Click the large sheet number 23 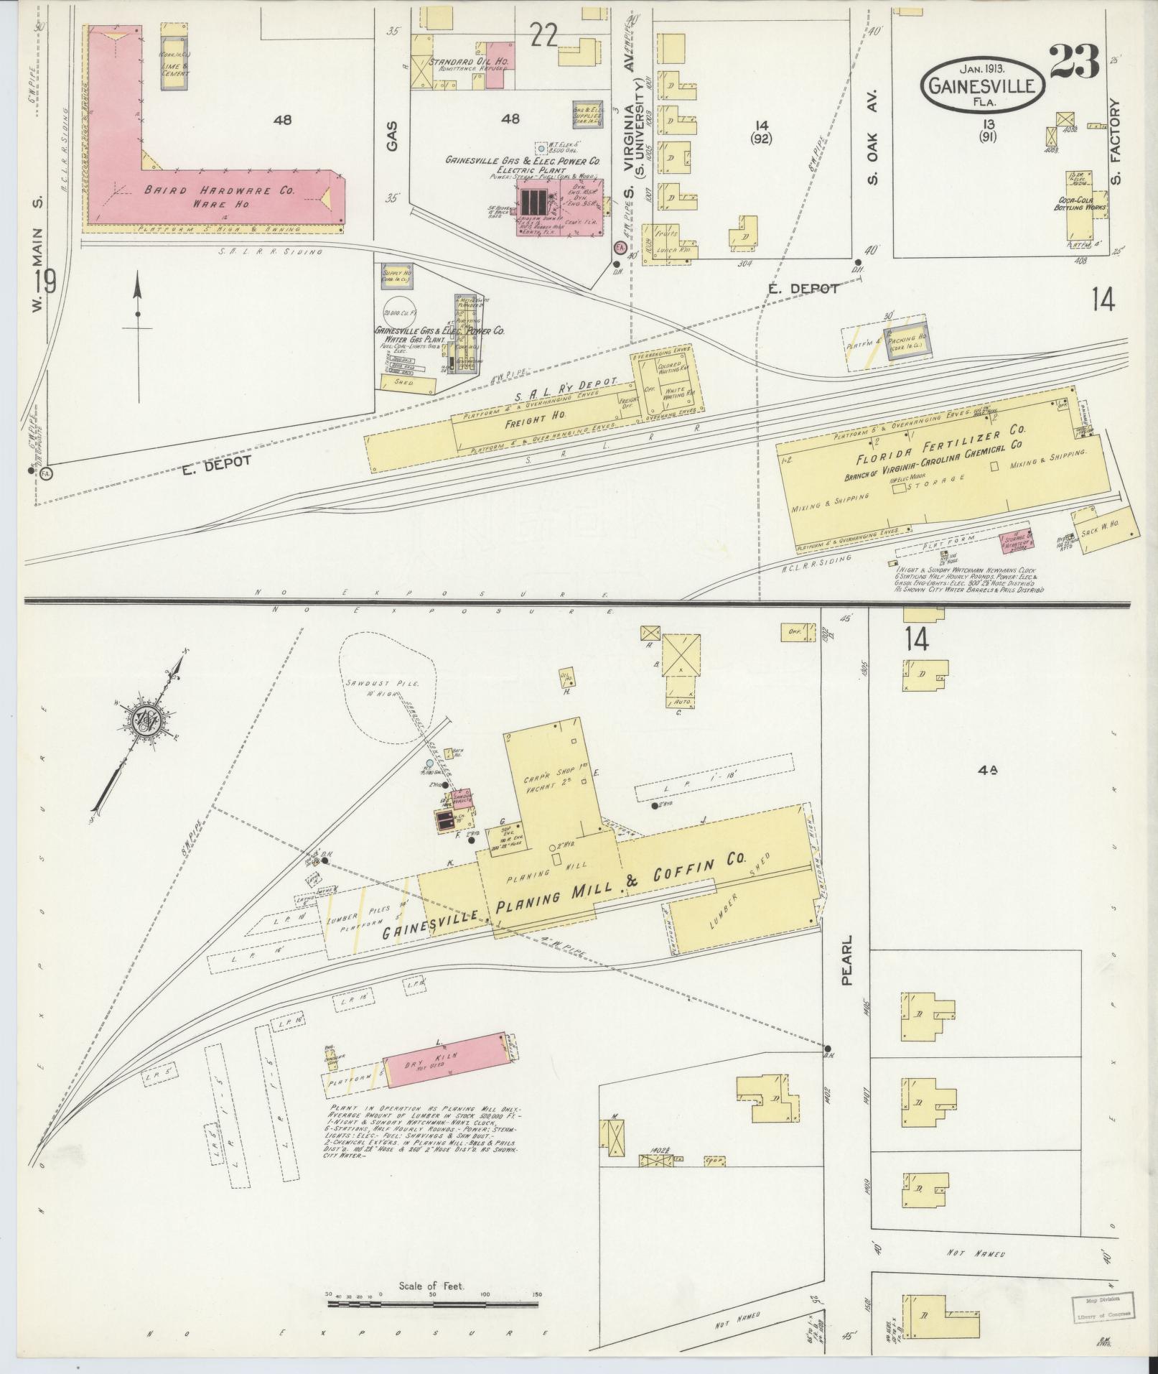(x=1074, y=63)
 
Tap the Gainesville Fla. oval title (x=982, y=85)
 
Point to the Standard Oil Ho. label (x=468, y=62)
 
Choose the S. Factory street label (x=1114, y=141)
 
